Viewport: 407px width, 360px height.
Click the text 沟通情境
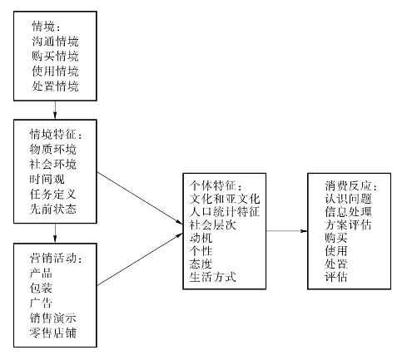pyautogui.click(x=55, y=42)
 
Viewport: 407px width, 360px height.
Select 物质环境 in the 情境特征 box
pyautogui.click(x=52, y=149)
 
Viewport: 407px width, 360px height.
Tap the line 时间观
pyautogui.click(x=47, y=179)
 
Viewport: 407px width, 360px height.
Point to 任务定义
pyautogui.click(x=52, y=194)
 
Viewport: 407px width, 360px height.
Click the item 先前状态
pyautogui.click(x=52, y=209)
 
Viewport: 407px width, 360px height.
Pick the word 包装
pyautogui.click(x=41, y=288)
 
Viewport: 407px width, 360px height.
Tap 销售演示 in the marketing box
pyautogui.click(x=52, y=318)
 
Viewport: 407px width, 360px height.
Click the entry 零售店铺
pyautogui.click(x=52, y=333)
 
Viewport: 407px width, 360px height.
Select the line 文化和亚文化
pyautogui.click(x=225, y=199)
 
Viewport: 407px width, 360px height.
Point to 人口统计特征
pyautogui.click(x=225, y=212)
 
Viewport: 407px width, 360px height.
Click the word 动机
pyautogui.click(x=201, y=238)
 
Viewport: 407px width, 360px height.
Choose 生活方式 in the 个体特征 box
pyautogui.click(x=213, y=277)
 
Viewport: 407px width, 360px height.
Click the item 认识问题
pyautogui.click(x=348, y=199)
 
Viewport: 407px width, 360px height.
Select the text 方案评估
pyautogui.click(x=348, y=224)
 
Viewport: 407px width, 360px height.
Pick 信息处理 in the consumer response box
pyautogui.click(x=348, y=212)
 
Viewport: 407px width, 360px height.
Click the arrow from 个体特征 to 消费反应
pyautogui.click(x=287, y=231)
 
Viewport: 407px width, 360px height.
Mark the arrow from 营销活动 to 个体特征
pyautogui.click(x=140, y=259)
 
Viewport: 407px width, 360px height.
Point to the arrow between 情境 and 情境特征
pyautogui.click(x=55, y=110)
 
